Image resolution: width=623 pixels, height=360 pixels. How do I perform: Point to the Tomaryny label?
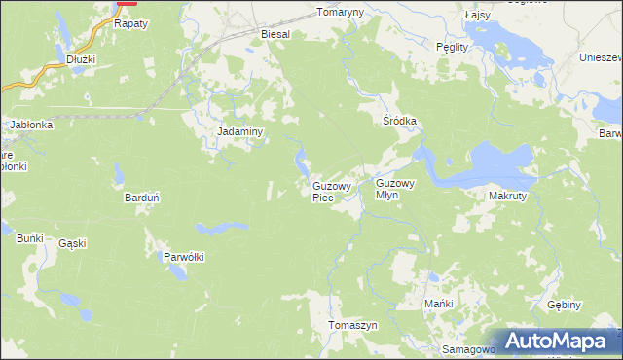(x=339, y=13)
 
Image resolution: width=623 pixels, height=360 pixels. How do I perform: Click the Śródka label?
(x=399, y=121)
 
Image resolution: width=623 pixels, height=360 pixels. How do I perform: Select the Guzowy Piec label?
(x=331, y=191)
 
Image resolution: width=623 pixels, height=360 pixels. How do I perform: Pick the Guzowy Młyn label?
(x=395, y=188)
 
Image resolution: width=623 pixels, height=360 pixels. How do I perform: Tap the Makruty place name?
(x=507, y=195)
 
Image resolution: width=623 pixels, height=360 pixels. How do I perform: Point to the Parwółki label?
(x=183, y=257)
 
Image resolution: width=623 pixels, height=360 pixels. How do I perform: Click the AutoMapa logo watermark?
(x=556, y=342)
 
